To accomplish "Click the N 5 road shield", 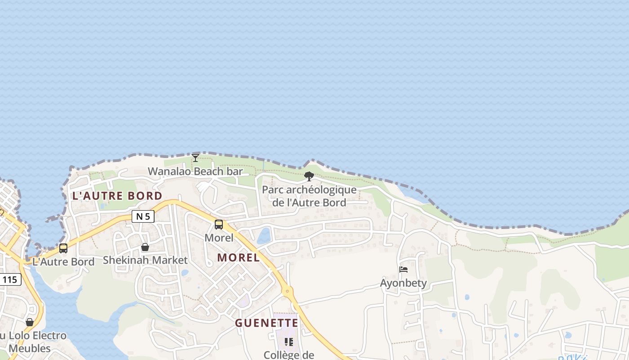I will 143,216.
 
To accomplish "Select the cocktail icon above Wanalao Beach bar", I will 195,157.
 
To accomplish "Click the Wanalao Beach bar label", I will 195,171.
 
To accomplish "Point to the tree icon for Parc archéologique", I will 309,176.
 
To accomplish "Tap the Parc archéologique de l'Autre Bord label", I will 309,196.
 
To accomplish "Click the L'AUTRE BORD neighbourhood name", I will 117,196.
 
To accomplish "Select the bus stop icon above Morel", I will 219,224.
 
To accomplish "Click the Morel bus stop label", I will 219,238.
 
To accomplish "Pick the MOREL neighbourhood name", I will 239,257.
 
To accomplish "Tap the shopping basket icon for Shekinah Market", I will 145,247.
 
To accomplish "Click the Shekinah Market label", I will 145,260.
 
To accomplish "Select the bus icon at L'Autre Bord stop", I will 63,248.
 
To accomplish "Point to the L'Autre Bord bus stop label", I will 63,262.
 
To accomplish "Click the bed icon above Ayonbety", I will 403,270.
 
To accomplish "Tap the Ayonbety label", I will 403,283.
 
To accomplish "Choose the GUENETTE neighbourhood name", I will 267,323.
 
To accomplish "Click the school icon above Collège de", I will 289,342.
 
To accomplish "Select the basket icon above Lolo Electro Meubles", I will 30,322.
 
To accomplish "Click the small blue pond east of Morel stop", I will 264,235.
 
